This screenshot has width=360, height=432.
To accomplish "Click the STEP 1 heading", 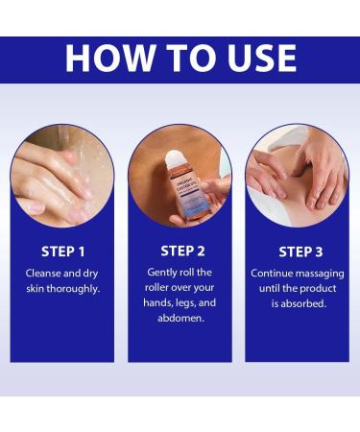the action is (x=63, y=252).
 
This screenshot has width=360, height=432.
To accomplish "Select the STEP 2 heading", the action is (x=182, y=251).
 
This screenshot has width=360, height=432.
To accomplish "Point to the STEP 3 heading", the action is (x=300, y=252).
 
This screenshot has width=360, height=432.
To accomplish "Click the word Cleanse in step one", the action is (x=43, y=274).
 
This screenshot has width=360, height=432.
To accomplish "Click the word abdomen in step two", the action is (x=180, y=318).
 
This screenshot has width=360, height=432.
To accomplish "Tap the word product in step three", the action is (x=319, y=289).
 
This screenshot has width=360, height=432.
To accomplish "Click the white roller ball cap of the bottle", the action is (x=175, y=158).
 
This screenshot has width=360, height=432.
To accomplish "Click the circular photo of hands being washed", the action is (x=62, y=176).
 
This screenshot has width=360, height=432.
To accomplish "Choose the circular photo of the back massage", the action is (x=298, y=176).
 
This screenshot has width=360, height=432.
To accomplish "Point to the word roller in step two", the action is (x=156, y=288).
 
